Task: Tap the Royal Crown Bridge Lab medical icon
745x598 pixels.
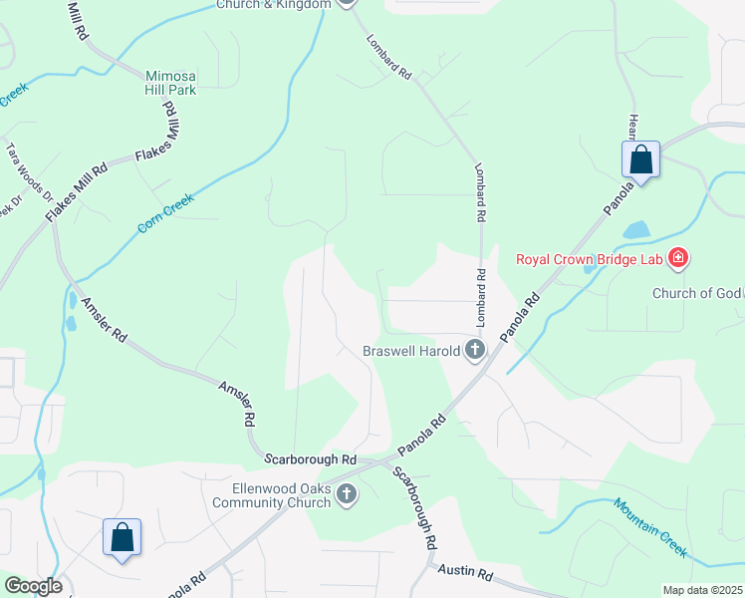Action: click(x=678, y=260)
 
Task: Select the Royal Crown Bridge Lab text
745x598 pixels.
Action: click(x=592, y=260)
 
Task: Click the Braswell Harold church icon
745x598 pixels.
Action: click(x=475, y=350)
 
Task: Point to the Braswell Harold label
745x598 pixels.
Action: click(x=410, y=350)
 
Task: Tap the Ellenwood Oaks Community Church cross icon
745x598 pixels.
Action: click(x=346, y=494)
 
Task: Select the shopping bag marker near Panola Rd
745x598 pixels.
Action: click(x=640, y=159)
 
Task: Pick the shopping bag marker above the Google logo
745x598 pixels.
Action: click(x=122, y=537)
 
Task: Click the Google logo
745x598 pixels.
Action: click(x=33, y=586)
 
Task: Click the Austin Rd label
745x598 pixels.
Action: click(x=466, y=573)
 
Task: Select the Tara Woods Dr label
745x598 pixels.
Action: click(x=29, y=170)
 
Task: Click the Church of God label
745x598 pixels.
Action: click(x=697, y=293)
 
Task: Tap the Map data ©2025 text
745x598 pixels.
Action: click(x=701, y=590)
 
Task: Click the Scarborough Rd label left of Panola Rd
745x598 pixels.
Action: click(x=311, y=459)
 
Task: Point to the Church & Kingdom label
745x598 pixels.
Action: click(x=273, y=4)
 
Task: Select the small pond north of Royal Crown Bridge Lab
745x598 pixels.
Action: click(x=635, y=230)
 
